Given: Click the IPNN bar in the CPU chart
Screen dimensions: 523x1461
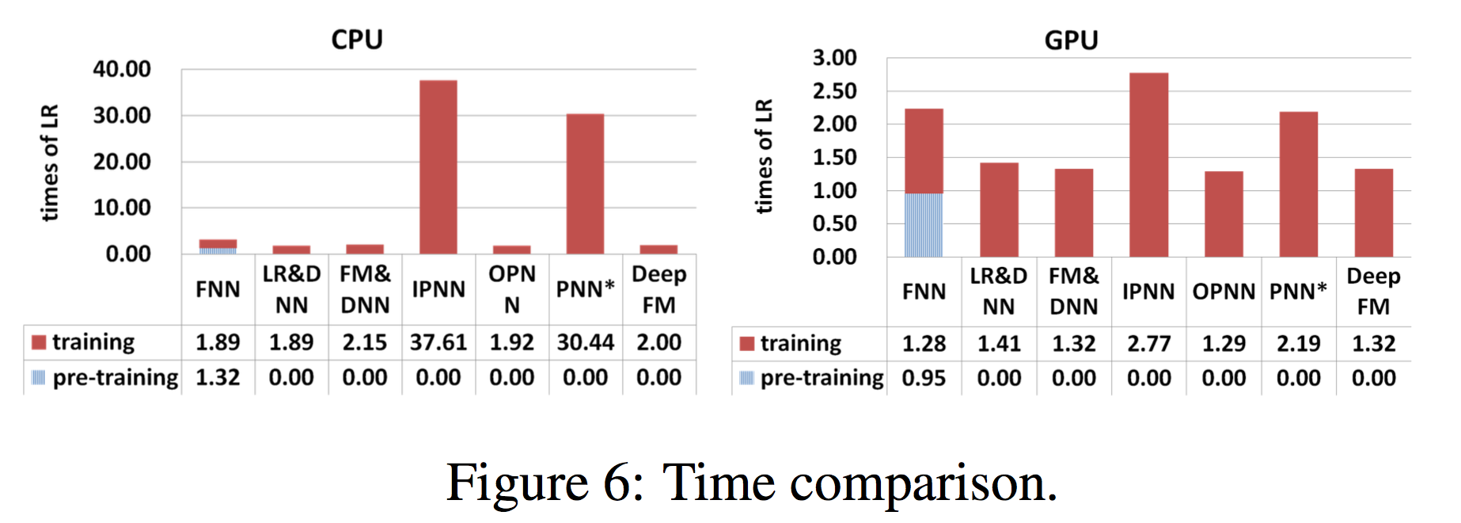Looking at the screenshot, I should [438, 167].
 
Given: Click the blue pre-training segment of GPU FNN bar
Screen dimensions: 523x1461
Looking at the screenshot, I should [924, 225].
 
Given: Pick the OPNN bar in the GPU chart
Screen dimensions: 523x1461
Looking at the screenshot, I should [1224, 214].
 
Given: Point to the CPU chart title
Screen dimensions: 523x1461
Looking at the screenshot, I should [357, 40].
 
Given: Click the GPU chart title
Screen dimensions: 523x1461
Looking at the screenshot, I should [1071, 40].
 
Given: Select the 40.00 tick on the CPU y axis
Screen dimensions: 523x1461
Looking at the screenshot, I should [122, 70].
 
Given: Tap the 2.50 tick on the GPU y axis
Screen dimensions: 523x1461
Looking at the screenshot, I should [834, 91].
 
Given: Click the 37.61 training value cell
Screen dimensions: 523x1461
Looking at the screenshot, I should [438, 342].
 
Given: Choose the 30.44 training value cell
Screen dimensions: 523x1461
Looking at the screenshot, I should [586, 342].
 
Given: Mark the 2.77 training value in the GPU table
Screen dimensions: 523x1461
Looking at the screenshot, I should [1148, 344].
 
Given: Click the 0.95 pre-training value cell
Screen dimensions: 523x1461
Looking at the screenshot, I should [924, 378].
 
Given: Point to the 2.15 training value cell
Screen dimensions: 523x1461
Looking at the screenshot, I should [365, 342].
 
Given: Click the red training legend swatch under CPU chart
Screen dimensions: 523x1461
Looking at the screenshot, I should [39, 342].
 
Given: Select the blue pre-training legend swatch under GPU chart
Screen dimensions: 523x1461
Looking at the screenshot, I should [746, 378].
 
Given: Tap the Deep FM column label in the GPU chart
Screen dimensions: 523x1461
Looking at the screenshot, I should [1373, 291].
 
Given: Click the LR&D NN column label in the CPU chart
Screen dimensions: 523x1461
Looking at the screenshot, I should [291, 289].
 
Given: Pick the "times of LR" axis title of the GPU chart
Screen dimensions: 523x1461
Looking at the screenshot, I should [764, 156].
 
